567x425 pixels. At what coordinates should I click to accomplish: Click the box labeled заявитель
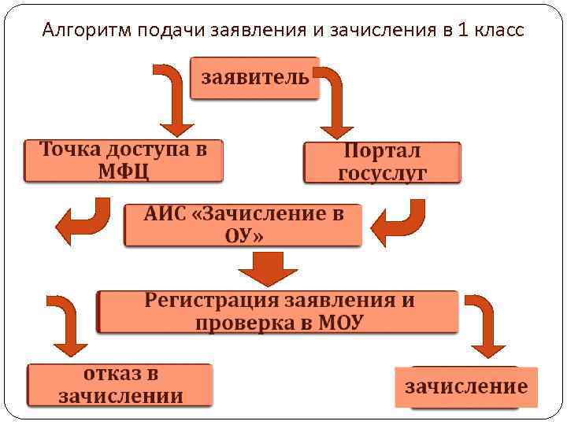(255, 78)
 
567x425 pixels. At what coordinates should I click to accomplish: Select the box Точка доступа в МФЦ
(123, 161)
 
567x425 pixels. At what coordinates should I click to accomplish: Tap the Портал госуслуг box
(382, 162)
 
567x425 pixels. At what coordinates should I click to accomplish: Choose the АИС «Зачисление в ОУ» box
(243, 225)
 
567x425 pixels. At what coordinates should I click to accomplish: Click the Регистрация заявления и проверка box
(278, 312)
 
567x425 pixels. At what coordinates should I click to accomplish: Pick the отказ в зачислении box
(120, 385)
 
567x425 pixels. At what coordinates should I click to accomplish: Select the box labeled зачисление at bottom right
(466, 386)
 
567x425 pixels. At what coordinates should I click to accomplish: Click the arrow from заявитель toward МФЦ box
(176, 99)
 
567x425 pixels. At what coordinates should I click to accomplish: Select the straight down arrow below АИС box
(269, 270)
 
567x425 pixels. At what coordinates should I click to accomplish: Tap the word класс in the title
(495, 31)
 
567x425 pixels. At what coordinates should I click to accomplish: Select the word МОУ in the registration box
(341, 323)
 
